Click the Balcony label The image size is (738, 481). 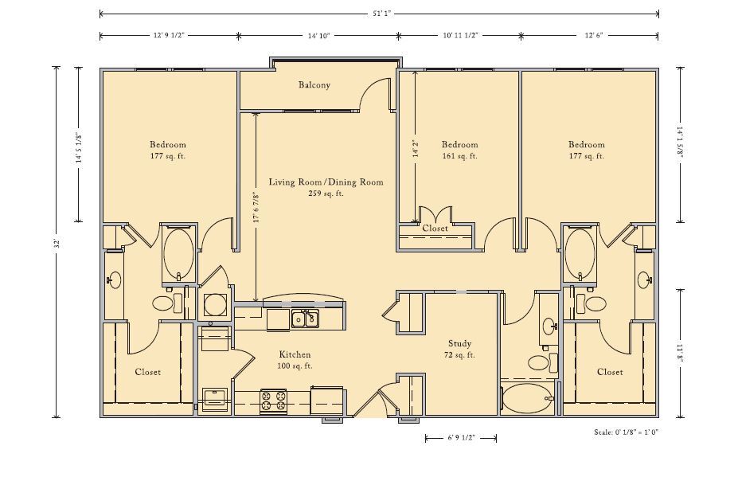click(x=314, y=84)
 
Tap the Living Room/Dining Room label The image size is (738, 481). click(x=326, y=182)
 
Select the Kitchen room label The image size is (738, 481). click(x=295, y=354)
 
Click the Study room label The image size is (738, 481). click(x=460, y=343)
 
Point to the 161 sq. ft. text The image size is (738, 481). click(x=460, y=156)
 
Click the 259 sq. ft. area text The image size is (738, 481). click(x=326, y=193)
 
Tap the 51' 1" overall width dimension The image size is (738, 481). click(x=380, y=14)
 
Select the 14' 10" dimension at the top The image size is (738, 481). click(x=319, y=35)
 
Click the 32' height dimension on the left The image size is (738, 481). click(x=57, y=243)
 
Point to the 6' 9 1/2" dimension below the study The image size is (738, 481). click(x=461, y=438)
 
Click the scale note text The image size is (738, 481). click(x=626, y=432)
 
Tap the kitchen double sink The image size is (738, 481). click(x=305, y=319)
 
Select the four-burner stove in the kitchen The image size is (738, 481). click(x=273, y=401)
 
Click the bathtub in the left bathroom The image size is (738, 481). click(x=178, y=255)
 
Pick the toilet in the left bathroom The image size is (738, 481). click(x=168, y=303)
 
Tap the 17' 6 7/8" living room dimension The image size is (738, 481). click(x=256, y=207)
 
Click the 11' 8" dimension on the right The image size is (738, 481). click(x=680, y=354)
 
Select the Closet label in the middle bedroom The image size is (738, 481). click(x=435, y=229)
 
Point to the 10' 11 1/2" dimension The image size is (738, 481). click(x=461, y=35)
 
